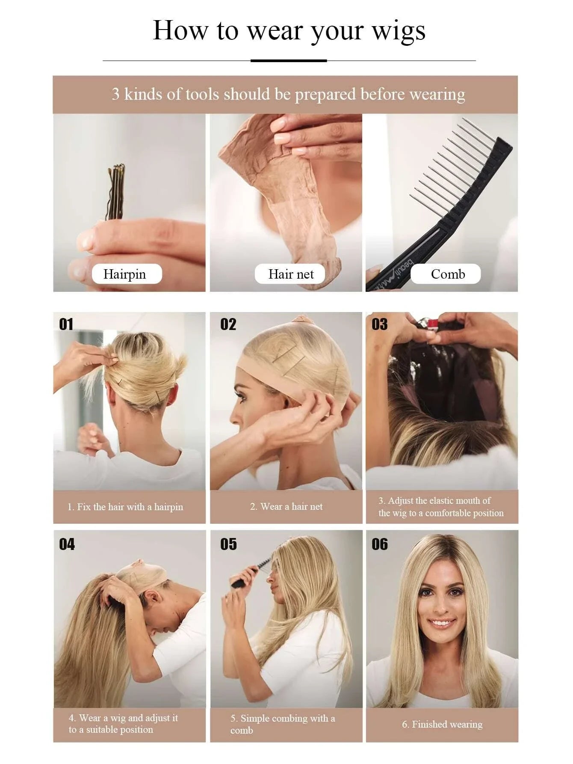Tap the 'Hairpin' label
pos(124,274)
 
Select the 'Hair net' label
pos(291,274)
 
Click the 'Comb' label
pos(448,274)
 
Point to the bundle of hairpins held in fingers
pos(116,192)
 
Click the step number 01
pos(66,324)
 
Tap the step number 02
pos(228,324)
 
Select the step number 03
pos(379,324)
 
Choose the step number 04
pos(67,544)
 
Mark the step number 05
pos(228,544)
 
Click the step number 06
pos(380,544)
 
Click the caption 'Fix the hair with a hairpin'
pos(130,507)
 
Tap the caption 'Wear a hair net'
pos(292,506)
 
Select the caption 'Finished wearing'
pos(447,724)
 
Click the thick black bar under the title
pos(289,61)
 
